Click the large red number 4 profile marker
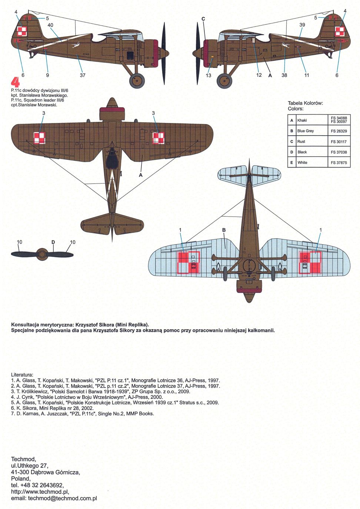[15, 83]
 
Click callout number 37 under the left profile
[83, 75]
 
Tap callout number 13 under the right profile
[209, 75]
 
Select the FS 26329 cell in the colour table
[339, 131]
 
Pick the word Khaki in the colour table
[302, 120]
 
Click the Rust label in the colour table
[301, 142]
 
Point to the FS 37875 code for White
[339, 163]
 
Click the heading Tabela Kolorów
[305, 103]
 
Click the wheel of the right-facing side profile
[224, 80]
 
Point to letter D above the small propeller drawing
[53, 242]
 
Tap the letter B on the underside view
[224, 230]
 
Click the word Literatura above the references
[22, 375]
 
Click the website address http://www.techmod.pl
[40, 492]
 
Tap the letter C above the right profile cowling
[203, 19]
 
